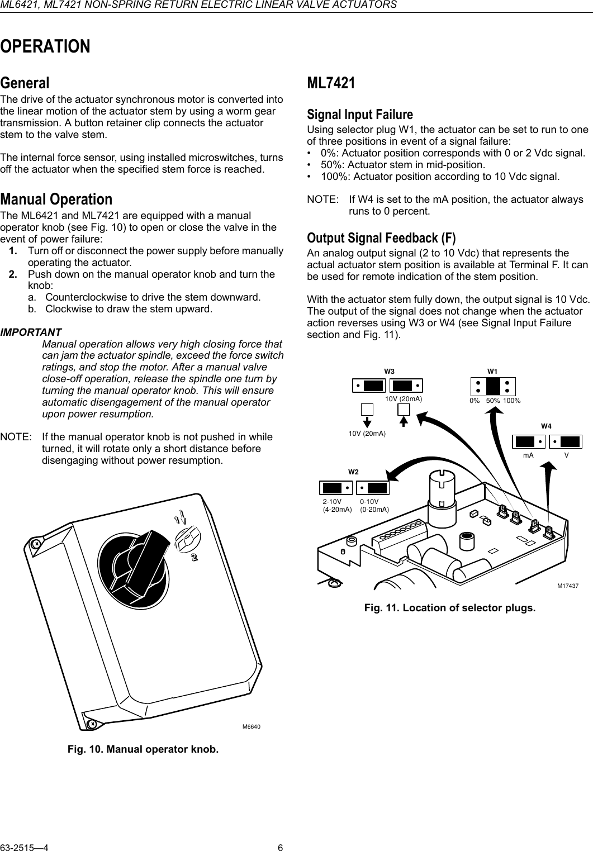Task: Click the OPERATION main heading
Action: tap(45, 46)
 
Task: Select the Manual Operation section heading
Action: tap(56, 199)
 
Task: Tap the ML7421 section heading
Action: tap(331, 83)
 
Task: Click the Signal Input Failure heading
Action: tap(360, 115)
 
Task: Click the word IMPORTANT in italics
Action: tap(31, 332)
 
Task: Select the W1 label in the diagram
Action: tap(492, 371)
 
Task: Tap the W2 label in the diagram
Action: tap(353, 472)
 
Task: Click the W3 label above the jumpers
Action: tap(389, 371)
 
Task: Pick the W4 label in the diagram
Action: tap(546, 426)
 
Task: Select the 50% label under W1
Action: tap(492, 401)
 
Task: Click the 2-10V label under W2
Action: tap(332, 502)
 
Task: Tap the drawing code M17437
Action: tap(567, 586)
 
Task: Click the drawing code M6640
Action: tap(252, 726)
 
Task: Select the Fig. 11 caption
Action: tap(449, 607)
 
